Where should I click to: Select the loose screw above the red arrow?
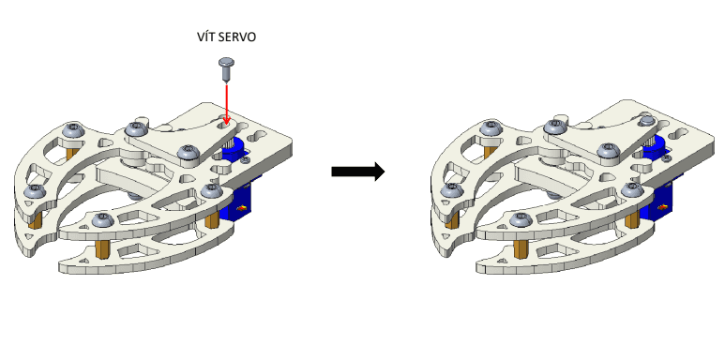point(226,69)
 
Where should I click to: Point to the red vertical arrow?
point(226,103)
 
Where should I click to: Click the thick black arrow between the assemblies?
point(358,172)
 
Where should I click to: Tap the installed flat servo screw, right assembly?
point(647,121)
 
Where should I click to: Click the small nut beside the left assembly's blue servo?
point(246,159)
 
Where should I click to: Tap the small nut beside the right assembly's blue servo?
point(666,158)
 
